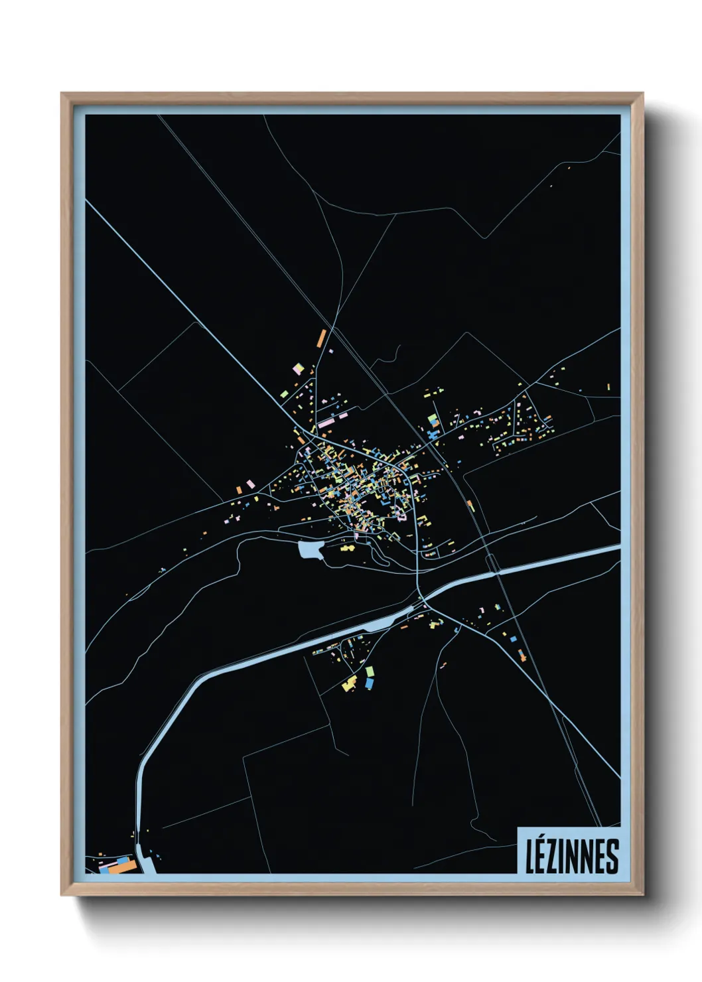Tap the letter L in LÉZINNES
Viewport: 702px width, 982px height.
[531, 857]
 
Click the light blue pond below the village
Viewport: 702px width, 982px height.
[311, 550]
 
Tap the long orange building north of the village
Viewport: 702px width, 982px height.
[322, 337]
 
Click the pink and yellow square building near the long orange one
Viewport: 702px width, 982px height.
[298, 368]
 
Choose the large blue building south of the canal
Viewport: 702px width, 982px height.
[369, 682]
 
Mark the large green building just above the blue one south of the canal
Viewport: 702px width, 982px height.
[370, 671]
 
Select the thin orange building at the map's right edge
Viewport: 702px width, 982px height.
[608, 386]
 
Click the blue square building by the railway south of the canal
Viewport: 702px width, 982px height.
[513, 638]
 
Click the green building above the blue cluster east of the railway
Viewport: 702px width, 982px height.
[433, 419]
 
